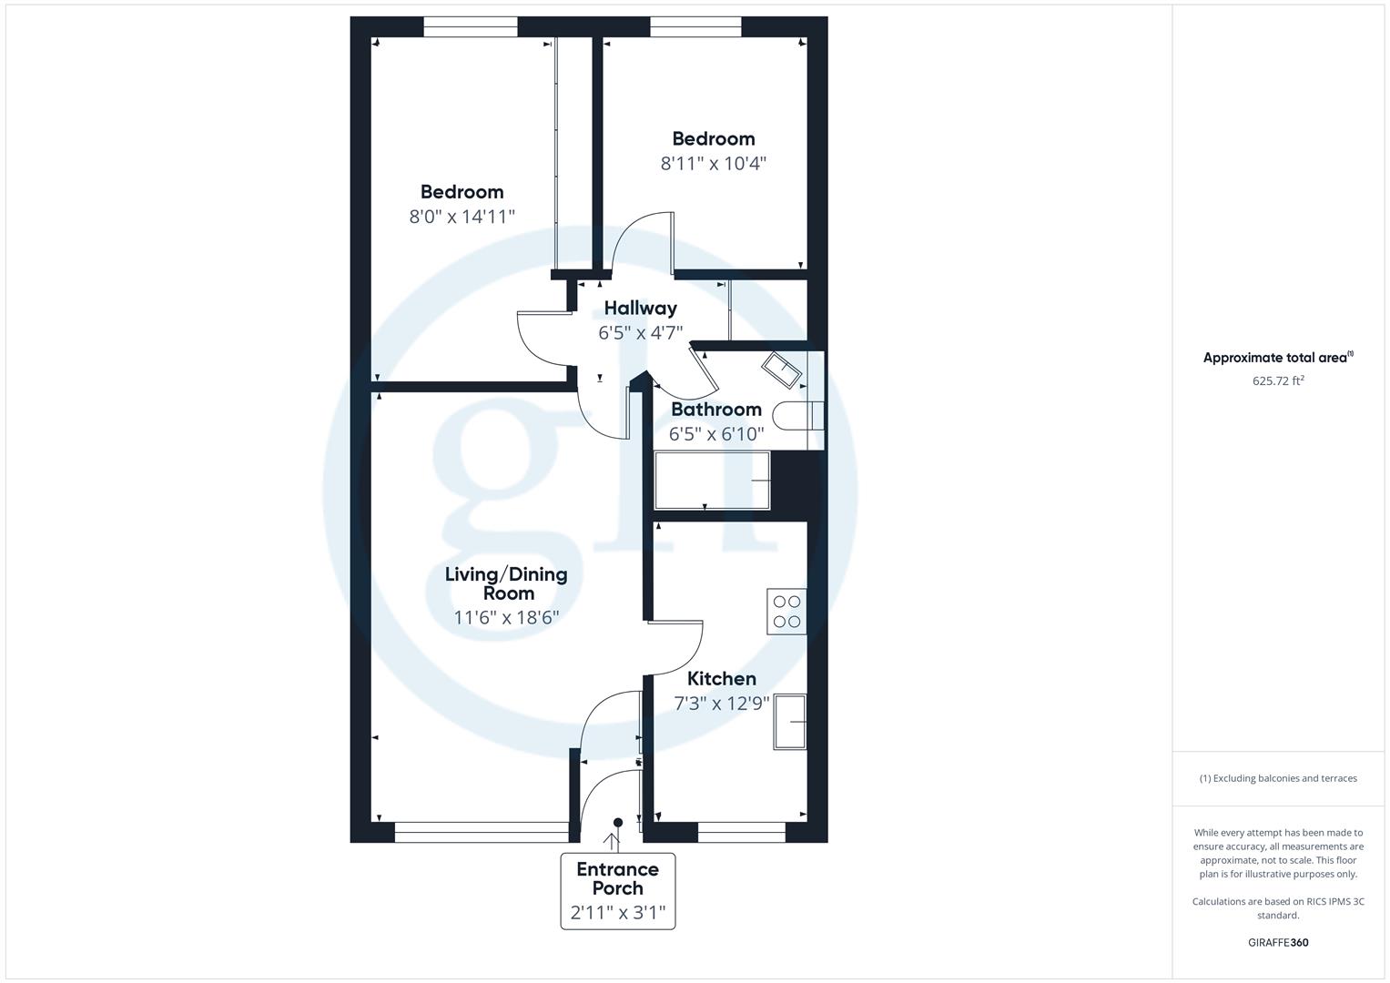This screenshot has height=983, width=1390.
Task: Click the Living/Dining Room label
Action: tap(506, 583)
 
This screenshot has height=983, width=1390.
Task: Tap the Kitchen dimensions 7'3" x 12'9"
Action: tap(722, 704)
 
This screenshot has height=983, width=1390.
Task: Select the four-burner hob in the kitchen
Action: tap(787, 612)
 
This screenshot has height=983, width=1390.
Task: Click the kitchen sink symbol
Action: tap(789, 722)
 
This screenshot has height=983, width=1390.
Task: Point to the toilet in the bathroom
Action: tap(798, 416)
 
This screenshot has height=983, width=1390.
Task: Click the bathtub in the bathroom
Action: tap(713, 480)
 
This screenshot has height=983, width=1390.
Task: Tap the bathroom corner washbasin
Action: tap(782, 370)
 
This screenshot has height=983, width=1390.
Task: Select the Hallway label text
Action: tap(641, 308)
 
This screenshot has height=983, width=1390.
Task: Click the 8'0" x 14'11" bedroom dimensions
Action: tap(462, 217)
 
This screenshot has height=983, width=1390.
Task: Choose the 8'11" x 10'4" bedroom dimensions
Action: tap(714, 164)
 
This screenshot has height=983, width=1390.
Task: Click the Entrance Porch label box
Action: tap(618, 891)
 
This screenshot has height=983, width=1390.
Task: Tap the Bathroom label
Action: tap(716, 410)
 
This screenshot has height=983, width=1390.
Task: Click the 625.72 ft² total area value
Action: tap(1278, 381)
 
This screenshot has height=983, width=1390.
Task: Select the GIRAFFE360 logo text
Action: tap(1278, 943)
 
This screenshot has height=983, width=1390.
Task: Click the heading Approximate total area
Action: tap(1276, 358)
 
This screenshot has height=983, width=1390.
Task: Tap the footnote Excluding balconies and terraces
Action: tap(1278, 778)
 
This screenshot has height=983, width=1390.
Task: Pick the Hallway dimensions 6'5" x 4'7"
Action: tap(641, 333)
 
